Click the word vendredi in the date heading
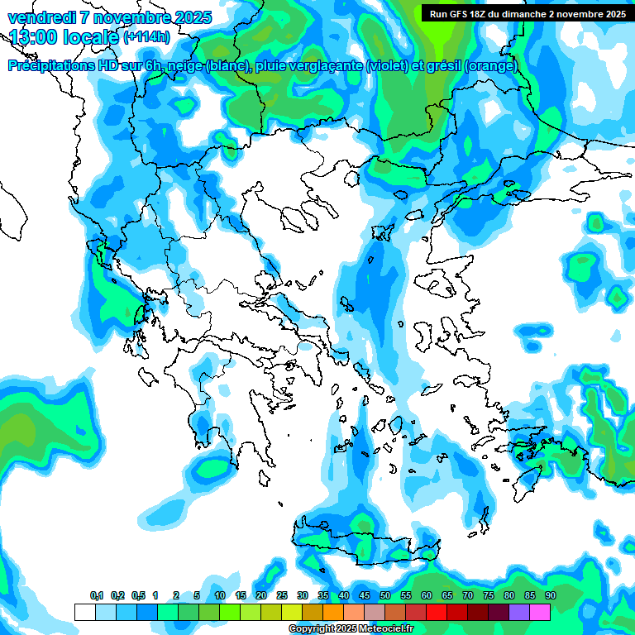[x=38, y=17]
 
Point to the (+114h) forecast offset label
[x=146, y=37]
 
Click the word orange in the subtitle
[x=492, y=66]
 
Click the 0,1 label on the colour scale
[x=97, y=596]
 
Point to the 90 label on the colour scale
[x=551, y=596]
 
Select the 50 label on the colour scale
[x=385, y=596]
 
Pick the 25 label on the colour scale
[x=282, y=596]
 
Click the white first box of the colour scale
[x=84, y=612]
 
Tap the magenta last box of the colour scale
[x=540, y=612]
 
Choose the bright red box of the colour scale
[x=437, y=612]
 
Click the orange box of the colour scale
[x=333, y=612]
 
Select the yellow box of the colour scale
[x=292, y=612]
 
